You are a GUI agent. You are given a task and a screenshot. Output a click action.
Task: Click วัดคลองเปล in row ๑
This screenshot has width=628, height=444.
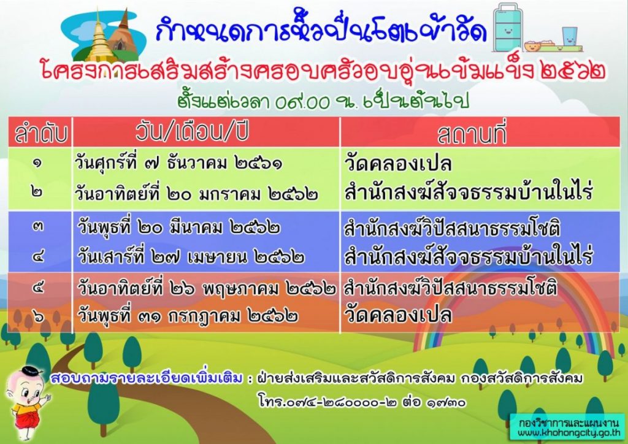tap(399, 164)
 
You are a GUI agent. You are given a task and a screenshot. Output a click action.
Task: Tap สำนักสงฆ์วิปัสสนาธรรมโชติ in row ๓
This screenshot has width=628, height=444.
tap(454, 228)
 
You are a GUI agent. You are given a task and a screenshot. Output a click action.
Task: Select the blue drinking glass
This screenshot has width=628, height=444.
tap(570, 38)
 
